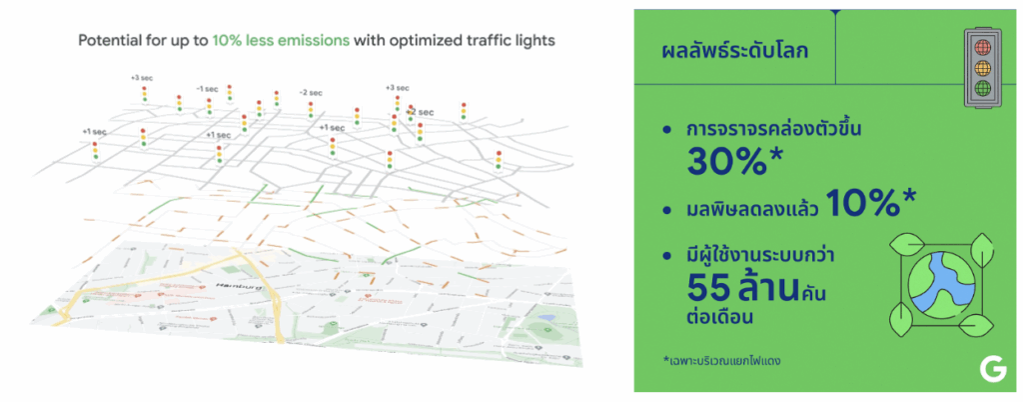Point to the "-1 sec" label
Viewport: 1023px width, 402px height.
pyautogui.click(x=207, y=88)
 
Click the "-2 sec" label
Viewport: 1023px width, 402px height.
pyautogui.click(x=310, y=92)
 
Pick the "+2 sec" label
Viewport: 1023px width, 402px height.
pyautogui.click(x=421, y=112)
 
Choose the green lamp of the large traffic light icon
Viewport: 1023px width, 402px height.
pyautogui.click(x=981, y=87)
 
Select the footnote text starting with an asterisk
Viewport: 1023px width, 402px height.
pyautogui.click(x=721, y=358)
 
